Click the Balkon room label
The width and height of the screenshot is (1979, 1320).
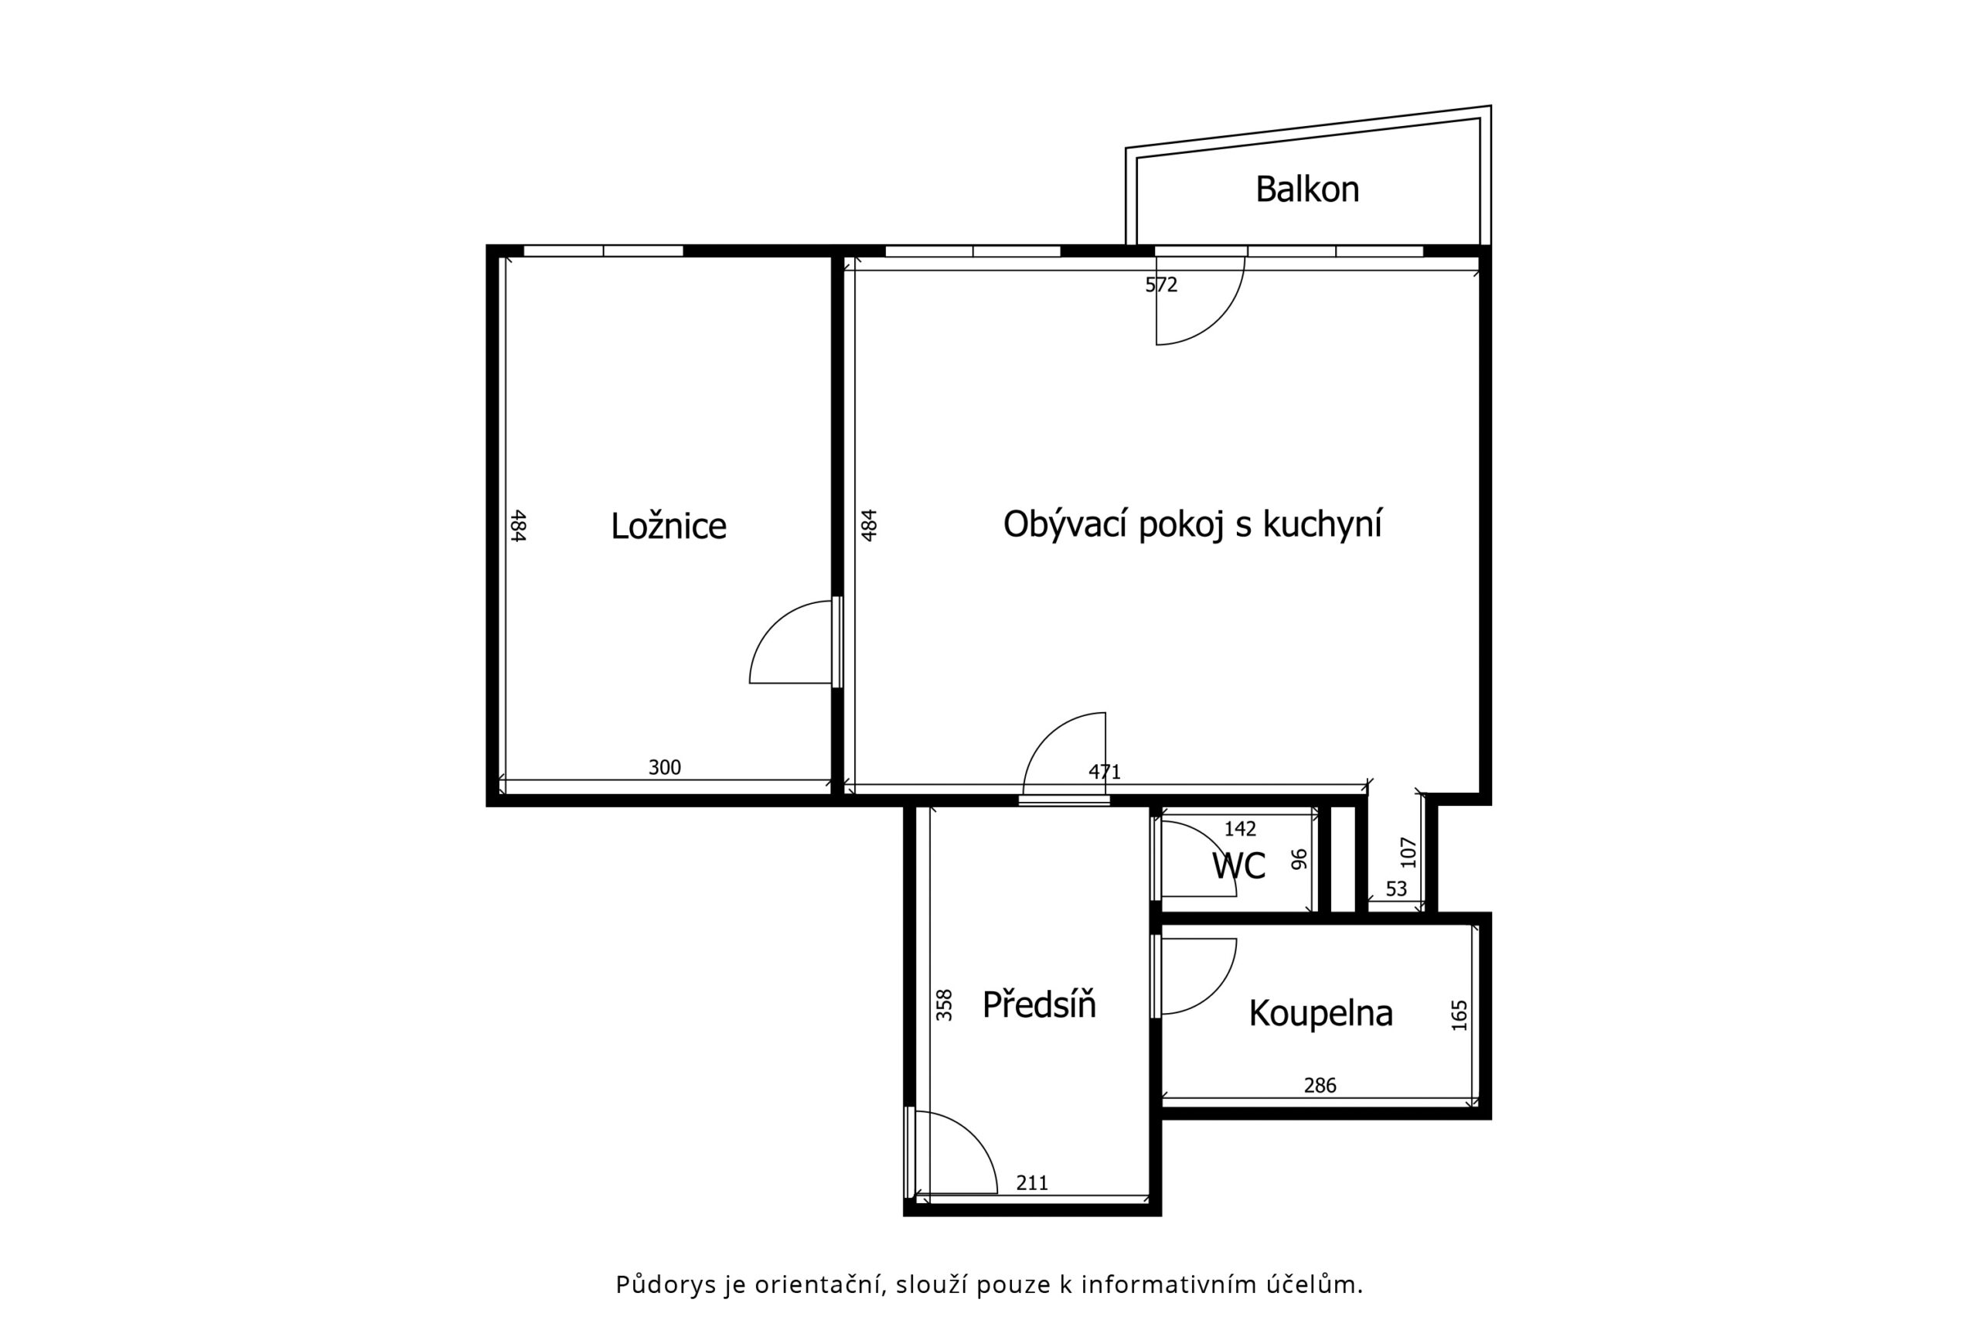[1306, 189]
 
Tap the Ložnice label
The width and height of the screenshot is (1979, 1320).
[668, 526]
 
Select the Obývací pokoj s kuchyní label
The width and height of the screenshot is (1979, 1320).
[1192, 524]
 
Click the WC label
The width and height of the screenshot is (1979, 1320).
[1238, 865]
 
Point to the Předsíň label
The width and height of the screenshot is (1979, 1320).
[1039, 1004]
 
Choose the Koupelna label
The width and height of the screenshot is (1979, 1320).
[1320, 1014]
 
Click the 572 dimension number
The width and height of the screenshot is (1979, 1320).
[1161, 285]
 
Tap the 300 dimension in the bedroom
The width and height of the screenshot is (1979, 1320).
[665, 767]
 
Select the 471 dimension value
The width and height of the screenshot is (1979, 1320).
[1105, 771]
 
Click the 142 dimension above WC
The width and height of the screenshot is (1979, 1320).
[1239, 828]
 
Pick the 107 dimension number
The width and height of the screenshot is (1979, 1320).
[1408, 853]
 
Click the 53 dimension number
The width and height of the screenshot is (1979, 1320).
[1396, 889]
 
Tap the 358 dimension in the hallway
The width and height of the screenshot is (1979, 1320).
[944, 1005]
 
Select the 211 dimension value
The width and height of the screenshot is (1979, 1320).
[1033, 1183]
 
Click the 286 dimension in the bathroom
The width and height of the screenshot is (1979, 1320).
[1320, 1085]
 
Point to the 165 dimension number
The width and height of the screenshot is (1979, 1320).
[1459, 1015]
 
